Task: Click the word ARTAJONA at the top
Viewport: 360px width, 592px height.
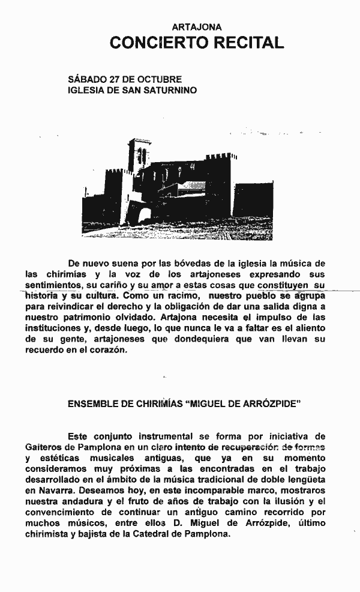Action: pos(197,27)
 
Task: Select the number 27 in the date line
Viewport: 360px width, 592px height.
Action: pos(114,79)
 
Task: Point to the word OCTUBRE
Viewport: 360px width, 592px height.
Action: pos(159,79)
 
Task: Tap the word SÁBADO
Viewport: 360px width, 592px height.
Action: pos(86,79)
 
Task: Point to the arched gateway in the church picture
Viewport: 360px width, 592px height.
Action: pos(145,216)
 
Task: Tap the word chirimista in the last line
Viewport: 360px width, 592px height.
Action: pos(45,534)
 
